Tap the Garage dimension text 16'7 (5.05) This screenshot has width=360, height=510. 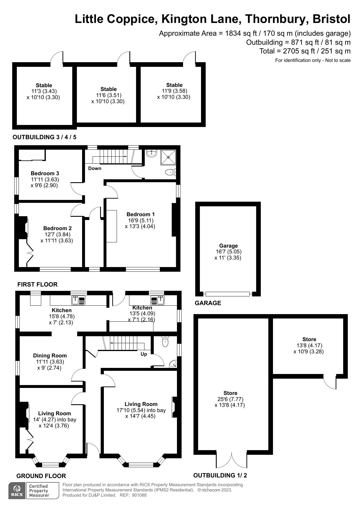228,252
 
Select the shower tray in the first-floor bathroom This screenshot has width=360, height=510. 168,157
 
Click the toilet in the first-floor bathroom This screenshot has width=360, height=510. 171,173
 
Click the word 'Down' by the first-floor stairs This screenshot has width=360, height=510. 95,169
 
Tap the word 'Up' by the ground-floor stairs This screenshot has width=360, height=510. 144,354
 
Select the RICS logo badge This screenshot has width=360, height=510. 17,491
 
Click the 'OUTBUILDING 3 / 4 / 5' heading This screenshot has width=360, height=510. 44,137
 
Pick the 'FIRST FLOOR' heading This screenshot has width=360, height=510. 37,284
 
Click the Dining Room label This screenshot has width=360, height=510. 50,356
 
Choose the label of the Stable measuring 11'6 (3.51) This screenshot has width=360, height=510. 108,89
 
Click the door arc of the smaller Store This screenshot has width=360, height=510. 330,383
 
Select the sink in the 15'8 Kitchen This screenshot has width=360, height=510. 78,300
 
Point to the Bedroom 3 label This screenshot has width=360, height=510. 45,173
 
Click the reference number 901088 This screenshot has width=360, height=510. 139,495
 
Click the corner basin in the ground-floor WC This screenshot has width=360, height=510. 173,364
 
